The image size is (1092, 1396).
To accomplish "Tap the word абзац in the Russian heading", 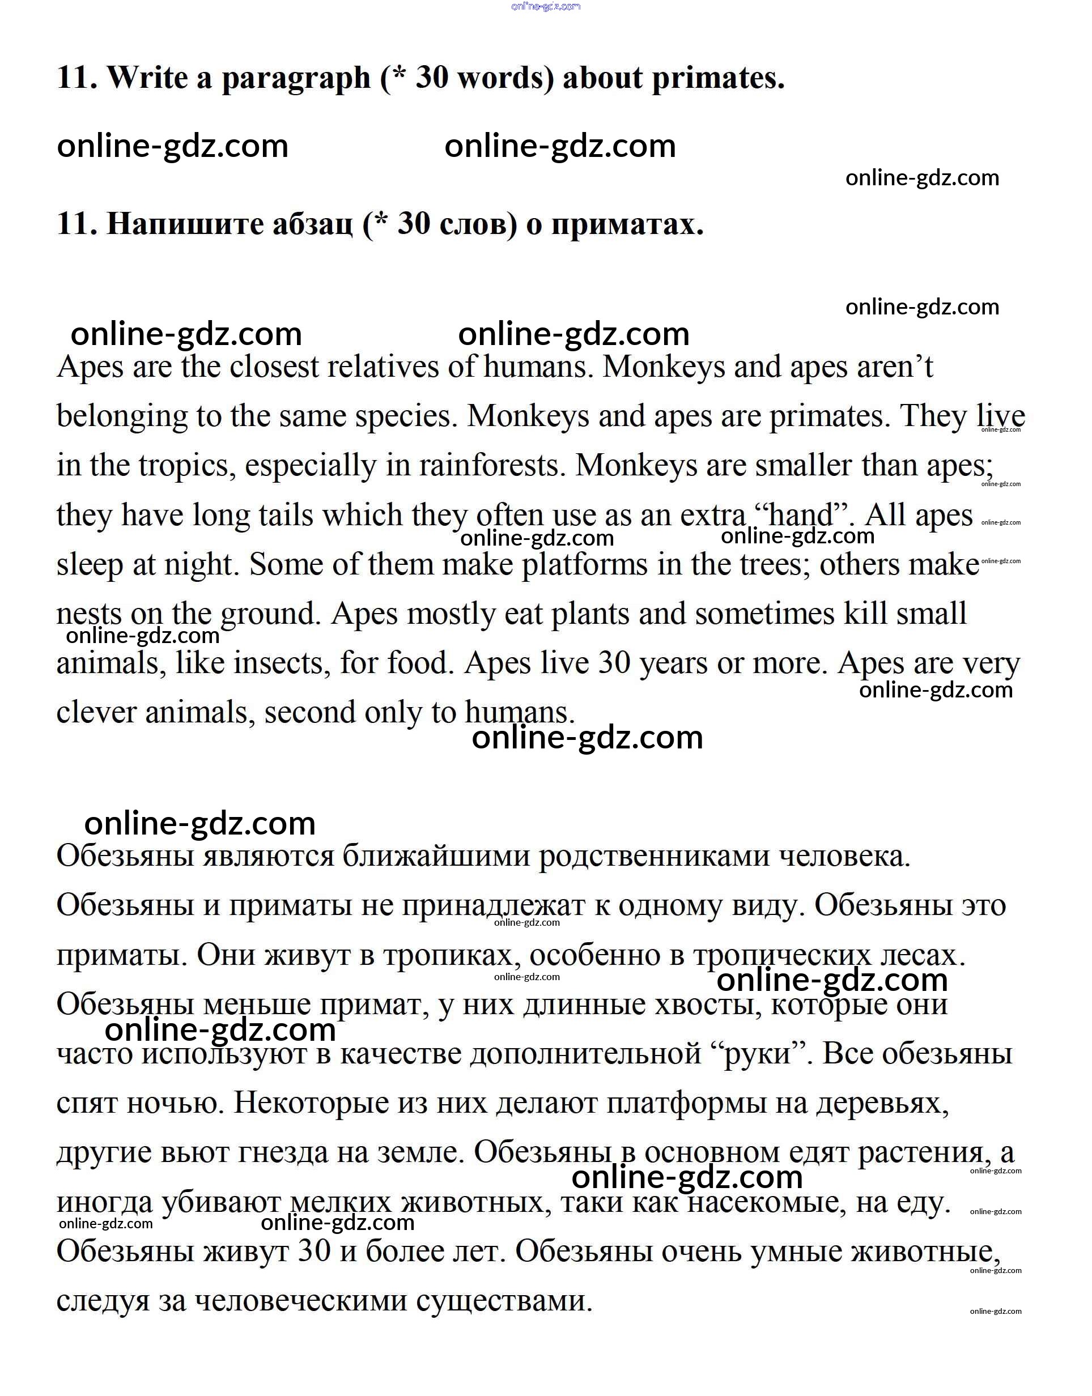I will point(312,224).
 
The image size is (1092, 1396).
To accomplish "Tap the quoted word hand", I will point(802,515).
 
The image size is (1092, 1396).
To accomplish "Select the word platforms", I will point(584,565).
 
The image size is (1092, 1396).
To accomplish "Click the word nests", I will point(88,614).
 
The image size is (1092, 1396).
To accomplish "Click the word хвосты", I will point(709,1005).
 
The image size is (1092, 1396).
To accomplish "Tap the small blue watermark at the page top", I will point(546,6).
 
